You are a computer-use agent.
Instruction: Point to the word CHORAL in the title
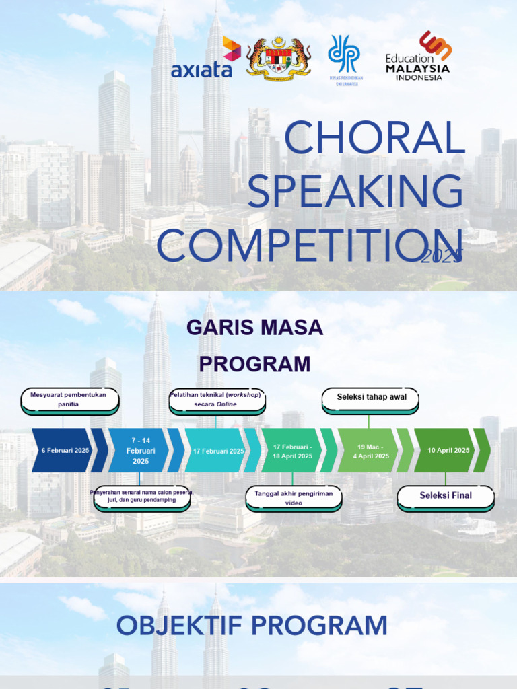(374, 139)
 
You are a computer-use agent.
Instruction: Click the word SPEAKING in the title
(355, 191)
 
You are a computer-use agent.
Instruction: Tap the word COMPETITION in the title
(310, 246)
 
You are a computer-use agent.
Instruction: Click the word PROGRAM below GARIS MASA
(255, 365)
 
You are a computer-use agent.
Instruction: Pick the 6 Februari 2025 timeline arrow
(65, 450)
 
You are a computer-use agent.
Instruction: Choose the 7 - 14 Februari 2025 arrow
(141, 450)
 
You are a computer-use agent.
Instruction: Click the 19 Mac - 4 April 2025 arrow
(371, 450)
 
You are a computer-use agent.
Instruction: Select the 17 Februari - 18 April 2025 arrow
(292, 450)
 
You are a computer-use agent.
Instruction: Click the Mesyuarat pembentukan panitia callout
(69, 400)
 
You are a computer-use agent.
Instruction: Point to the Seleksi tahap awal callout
(371, 398)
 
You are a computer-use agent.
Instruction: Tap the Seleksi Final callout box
(446, 496)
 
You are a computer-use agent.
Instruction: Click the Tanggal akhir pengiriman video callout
(293, 498)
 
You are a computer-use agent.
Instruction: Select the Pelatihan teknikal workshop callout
(216, 400)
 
